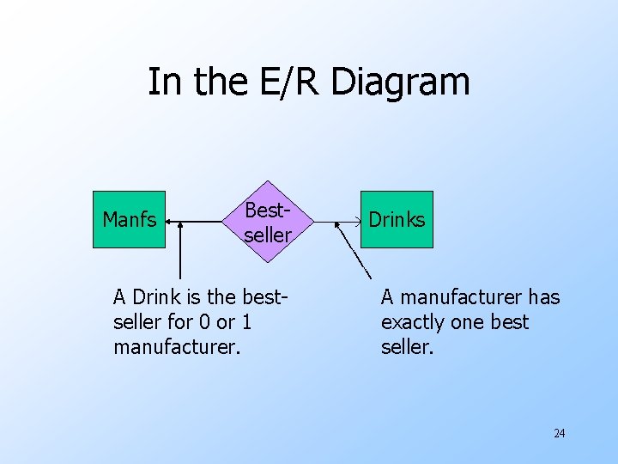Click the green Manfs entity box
pyautogui.click(x=129, y=219)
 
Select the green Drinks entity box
pyautogui.click(x=397, y=219)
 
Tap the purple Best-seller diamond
pyautogui.click(x=267, y=222)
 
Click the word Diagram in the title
pyautogui.click(x=400, y=82)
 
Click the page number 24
pyautogui.click(x=559, y=433)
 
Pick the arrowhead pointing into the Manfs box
pyautogui.click(x=170, y=222)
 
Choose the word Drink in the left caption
pyautogui.click(x=155, y=297)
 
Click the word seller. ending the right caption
pyautogui.click(x=408, y=347)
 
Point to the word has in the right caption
pyautogui.click(x=543, y=297)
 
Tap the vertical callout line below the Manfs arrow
pyautogui.click(x=180, y=258)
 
